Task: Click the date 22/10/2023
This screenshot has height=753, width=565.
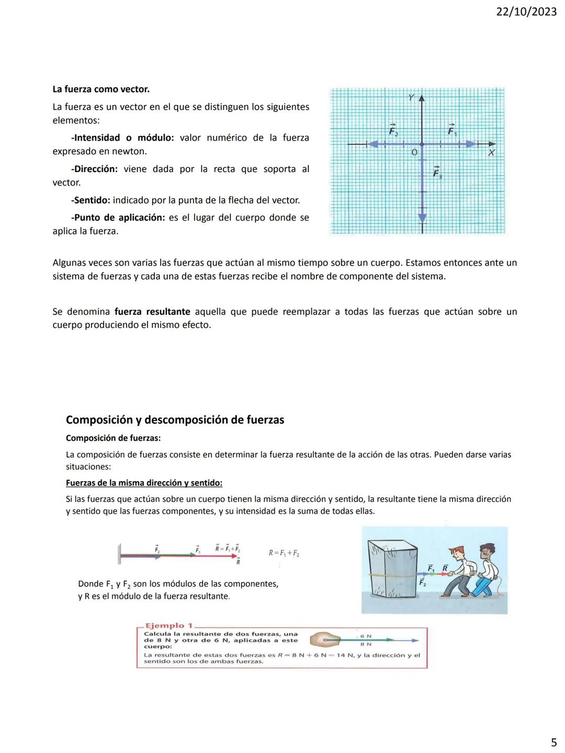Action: pos(526,12)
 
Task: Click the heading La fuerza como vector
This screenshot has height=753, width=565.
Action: pos(101,89)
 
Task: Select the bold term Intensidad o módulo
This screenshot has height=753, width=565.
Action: pos(122,138)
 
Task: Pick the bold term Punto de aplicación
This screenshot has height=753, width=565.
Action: pos(118,218)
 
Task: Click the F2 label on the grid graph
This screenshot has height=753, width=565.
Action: pos(393,130)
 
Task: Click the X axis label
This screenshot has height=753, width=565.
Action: pos(491,153)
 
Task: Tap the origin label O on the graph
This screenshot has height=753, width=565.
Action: pos(414,153)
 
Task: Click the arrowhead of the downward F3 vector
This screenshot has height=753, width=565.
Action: pos(422,217)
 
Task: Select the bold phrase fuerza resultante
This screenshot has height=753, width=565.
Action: pos(152,312)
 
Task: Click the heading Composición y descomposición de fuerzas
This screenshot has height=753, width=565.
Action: pos(175,420)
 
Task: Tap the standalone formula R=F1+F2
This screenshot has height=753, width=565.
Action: pos(284,553)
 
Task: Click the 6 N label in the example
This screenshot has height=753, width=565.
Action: pos(366,636)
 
